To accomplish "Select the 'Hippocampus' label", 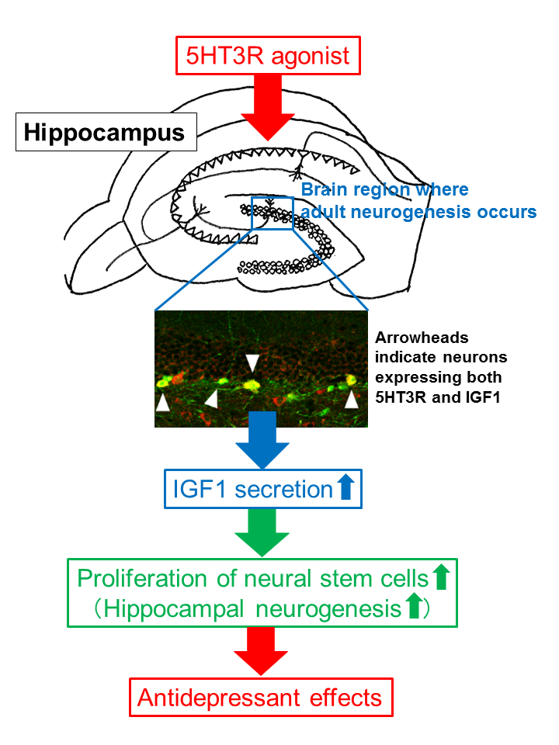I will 104,132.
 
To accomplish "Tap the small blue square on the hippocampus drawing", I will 273,213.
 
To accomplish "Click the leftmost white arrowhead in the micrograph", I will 162,402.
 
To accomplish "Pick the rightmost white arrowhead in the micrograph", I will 352,400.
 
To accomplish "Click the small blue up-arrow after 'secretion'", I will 346,489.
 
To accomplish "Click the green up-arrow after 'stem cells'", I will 441,578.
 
